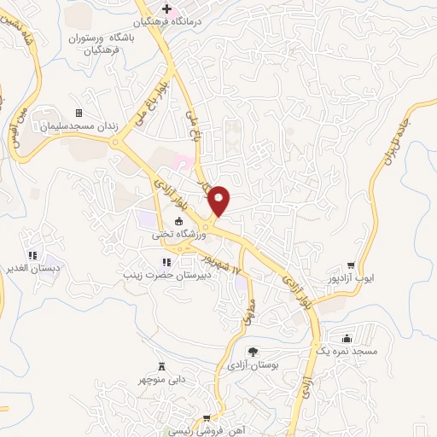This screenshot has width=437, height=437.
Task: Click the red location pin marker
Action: coord(219,200)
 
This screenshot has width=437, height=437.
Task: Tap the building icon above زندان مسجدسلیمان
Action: coord(79,113)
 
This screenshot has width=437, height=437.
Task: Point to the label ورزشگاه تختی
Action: coord(174,234)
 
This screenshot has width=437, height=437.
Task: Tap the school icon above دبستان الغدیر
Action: coord(32,254)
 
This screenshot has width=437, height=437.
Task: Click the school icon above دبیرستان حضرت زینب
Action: coord(163,262)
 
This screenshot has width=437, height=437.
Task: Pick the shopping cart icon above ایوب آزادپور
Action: coord(350,265)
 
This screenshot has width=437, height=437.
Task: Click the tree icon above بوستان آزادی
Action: coord(253,352)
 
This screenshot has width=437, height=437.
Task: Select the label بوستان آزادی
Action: coord(248,365)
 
